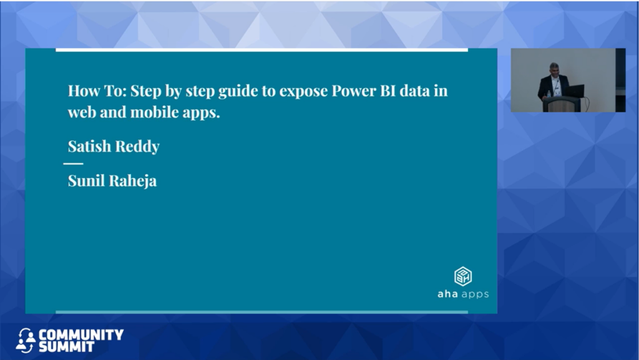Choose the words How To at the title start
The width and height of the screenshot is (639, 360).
point(97,90)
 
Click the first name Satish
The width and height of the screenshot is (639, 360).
point(89,146)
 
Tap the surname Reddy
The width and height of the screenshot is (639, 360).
point(137,147)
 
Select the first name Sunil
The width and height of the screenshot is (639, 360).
point(86,180)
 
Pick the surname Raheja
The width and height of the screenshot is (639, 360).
point(133,181)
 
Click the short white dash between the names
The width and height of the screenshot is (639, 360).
point(74,163)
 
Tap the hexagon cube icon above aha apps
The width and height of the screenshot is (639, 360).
point(463,276)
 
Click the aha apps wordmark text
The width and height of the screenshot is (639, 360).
point(463,294)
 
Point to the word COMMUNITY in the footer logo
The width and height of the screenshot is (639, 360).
point(81,335)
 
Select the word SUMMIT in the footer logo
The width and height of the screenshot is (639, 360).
point(66,346)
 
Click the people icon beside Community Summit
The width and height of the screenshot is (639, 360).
point(26,341)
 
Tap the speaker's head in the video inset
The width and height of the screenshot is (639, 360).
point(554,69)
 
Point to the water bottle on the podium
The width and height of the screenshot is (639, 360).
point(549,94)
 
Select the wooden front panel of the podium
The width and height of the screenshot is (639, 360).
point(562,106)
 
